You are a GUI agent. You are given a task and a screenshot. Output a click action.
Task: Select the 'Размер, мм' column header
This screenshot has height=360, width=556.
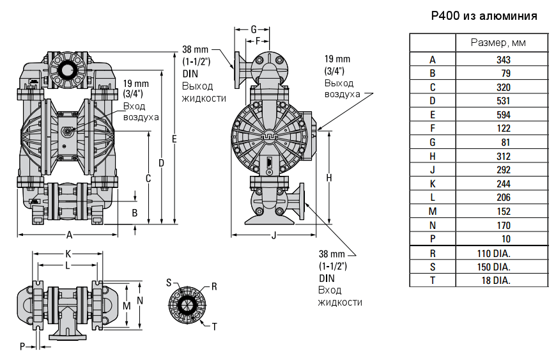coord(502,43)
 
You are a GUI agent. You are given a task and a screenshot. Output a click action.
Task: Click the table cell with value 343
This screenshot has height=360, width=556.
coord(502,59)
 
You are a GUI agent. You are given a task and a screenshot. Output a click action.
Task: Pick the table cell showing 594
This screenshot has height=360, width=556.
coord(502,114)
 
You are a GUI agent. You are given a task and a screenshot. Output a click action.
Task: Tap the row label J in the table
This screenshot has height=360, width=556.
coord(433,170)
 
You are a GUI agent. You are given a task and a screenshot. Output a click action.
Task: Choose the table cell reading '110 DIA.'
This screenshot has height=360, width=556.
coord(502,253)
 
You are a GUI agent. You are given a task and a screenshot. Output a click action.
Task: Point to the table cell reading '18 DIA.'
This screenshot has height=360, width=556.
coord(502,280)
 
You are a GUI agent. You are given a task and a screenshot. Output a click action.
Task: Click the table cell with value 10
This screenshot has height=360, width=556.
coord(502,239)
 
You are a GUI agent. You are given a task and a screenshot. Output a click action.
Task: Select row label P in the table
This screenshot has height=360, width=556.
coord(433,239)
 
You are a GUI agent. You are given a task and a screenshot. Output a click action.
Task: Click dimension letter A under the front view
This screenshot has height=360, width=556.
coord(69,235)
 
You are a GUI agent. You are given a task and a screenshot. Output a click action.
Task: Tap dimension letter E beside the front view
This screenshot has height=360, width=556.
coord(174,139)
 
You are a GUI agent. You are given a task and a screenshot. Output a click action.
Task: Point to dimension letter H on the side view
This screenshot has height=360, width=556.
coord(329,178)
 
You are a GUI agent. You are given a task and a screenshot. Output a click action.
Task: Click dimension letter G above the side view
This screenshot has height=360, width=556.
coord(253,29)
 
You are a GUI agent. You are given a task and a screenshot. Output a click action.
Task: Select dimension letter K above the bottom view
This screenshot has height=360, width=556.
coord(68,253)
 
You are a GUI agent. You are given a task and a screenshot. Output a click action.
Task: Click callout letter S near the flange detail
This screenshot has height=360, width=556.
coord(169,282)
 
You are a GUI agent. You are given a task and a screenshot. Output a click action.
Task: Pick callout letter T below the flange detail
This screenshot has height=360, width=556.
coord(214,326)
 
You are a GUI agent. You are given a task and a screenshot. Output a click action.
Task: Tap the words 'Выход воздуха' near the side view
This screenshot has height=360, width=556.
coord(339,89)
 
